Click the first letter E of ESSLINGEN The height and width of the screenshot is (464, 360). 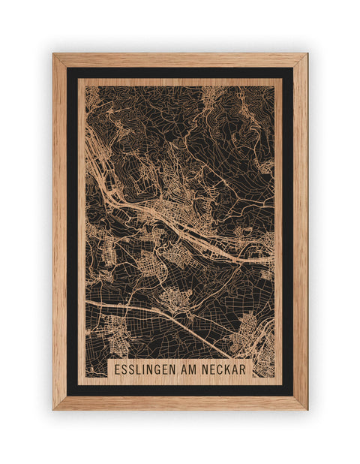tap(118, 370)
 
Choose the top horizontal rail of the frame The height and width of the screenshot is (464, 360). tap(180, 60)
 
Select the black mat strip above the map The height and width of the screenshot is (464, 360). tap(180, 73)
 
